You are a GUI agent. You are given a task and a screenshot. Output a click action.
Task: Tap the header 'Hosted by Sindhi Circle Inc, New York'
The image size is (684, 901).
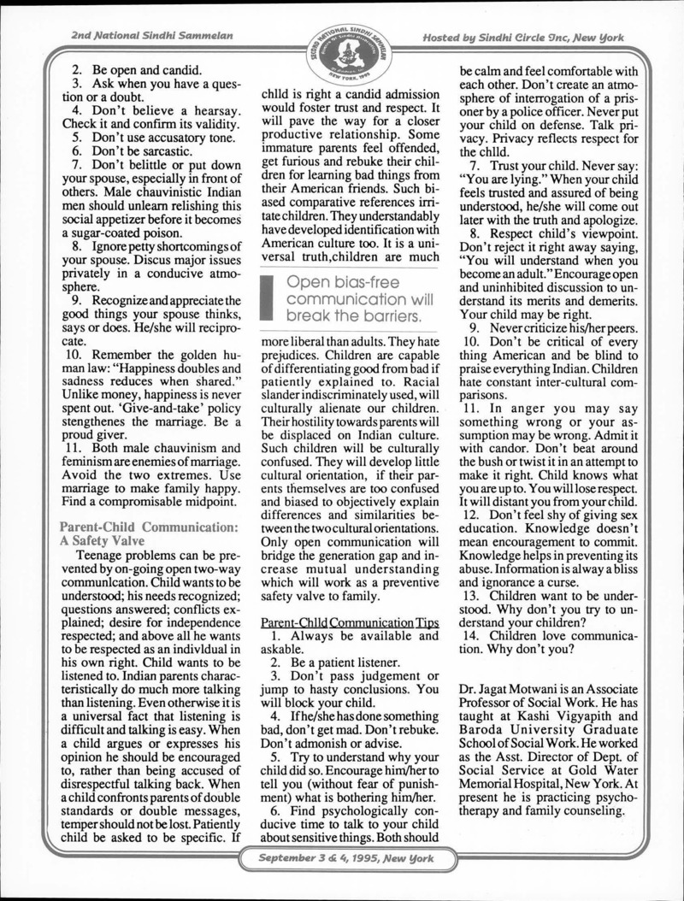tap(523, 38)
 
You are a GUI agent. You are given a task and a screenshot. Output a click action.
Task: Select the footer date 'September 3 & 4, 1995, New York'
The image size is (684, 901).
tap(342, 857)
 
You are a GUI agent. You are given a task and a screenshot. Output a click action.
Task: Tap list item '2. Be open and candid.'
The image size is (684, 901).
tap(136, 69)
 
